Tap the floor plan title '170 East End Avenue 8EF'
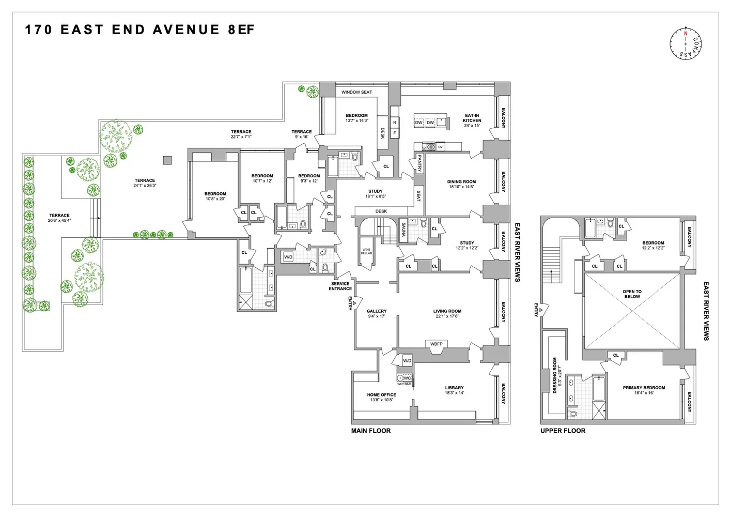(139, 29)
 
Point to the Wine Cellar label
(366, 251)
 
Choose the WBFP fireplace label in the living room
(437, 344)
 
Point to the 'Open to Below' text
(632, 294)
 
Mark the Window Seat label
(356, 92)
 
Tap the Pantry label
(419, 163)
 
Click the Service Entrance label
(340, 286)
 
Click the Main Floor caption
(371, 431)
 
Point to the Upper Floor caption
(563, 431)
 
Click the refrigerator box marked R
(395, 123)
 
